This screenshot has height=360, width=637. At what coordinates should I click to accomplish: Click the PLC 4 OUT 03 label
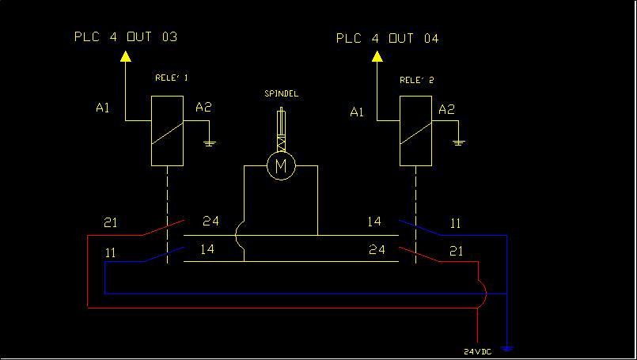coord(126,36)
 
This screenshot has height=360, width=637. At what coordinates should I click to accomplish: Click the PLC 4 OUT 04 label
coord(388,38)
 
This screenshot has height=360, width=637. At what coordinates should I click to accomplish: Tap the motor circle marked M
coord(279,166)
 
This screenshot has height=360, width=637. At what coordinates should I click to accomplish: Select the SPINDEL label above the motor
coord(281,94)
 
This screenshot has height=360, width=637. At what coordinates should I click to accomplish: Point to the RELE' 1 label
coord(171,78)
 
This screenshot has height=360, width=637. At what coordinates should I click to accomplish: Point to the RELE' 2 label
coord(416,80)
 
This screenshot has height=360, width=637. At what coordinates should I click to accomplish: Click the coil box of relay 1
coord(167,131)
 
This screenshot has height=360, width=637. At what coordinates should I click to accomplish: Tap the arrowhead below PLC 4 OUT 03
coord(125,56)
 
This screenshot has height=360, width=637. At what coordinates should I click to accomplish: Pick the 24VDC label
coord(476,351)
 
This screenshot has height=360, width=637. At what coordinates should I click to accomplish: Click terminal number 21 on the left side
coord(111,222)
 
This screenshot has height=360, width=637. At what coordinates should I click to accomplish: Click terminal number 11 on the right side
coord(455,223)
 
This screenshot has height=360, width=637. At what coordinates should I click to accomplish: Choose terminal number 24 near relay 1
coord(210,221)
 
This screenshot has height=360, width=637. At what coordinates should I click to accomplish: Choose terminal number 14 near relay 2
coord(374,222)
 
